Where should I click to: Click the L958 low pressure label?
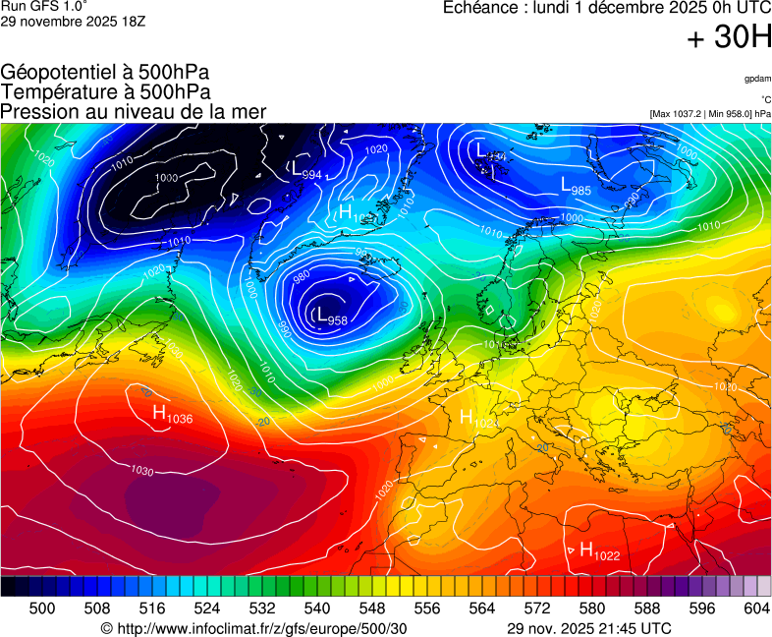click(x=331, y=317)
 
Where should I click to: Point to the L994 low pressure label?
click(x=306, y=170)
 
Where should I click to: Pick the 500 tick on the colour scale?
click(x=42, y=608)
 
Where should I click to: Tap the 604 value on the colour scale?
click(x=756, y=608)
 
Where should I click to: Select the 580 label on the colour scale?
click(x=591, y=608)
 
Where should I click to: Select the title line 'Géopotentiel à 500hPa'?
click(x=105, y=73)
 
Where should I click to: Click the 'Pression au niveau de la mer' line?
click(x=134, y=111)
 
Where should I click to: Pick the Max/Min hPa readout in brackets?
click(x=710, y=114)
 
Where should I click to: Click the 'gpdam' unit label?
click(x=757, y=78)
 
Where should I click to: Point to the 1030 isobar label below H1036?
click(x=142, y=472)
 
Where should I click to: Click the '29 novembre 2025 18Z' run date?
click(x=73, y=22)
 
